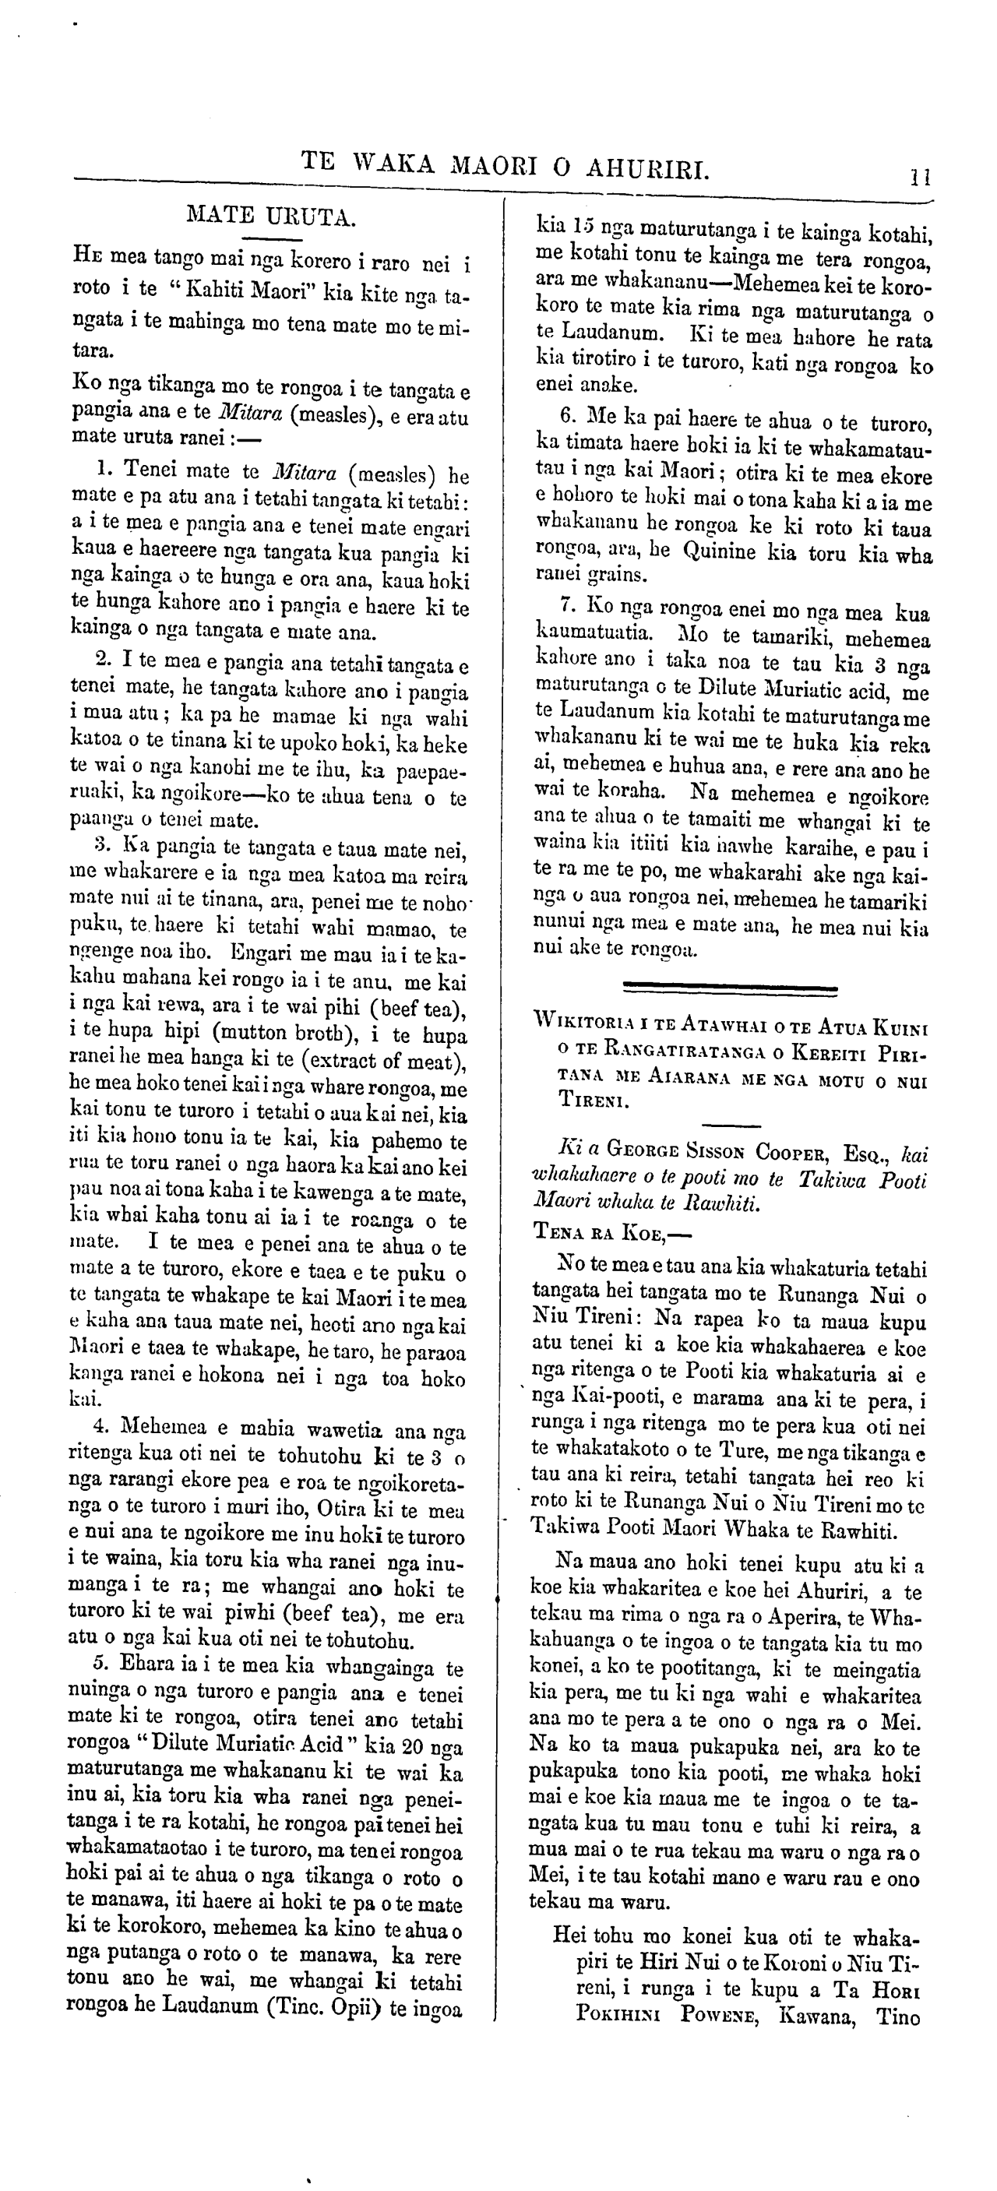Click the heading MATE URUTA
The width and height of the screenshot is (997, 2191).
click(x=270, y=215)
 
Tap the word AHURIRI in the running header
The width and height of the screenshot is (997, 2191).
click(x=647, y=167)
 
